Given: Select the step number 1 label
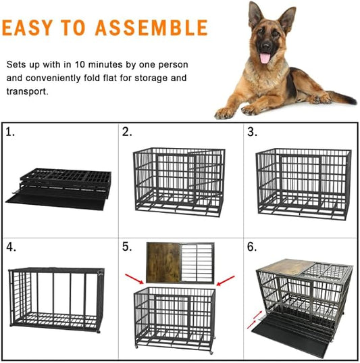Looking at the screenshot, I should [x=10, y=132].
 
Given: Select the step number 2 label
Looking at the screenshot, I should [x=127, y=132].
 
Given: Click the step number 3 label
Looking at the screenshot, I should [x=251, y=132].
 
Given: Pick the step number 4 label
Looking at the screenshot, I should [x=11, y=247].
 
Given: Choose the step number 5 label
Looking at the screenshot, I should [x=127, y=247].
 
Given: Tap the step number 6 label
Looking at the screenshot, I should [x=251, y=247].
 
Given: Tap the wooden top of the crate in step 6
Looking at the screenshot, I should [x=282, y=268].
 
